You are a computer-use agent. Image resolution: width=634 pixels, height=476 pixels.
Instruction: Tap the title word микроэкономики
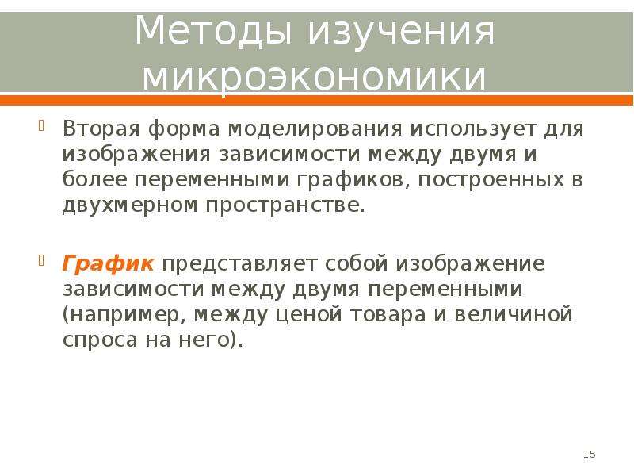coord(314,76)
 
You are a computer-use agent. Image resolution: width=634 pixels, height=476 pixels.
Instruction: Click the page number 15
coord(589,454)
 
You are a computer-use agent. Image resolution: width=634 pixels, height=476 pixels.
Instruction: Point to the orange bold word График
coord(108,264)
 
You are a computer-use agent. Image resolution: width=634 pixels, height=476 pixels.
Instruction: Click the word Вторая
coord(101,129)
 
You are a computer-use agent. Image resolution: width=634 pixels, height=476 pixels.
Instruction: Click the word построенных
coord(491,180)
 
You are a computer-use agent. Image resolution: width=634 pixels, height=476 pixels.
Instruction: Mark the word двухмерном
coord(130,205)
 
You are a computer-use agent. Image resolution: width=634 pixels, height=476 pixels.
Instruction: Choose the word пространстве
coord(285,205)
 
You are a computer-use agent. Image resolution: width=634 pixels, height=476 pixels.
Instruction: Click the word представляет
coord(239,264)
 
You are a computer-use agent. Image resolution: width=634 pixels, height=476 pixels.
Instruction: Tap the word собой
coord(356,263)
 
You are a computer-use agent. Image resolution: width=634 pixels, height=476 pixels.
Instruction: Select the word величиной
coord(514,314)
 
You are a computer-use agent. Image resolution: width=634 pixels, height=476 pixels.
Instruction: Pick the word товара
coord(388,315)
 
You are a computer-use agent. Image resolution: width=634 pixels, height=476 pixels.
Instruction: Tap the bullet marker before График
coord(41,260)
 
